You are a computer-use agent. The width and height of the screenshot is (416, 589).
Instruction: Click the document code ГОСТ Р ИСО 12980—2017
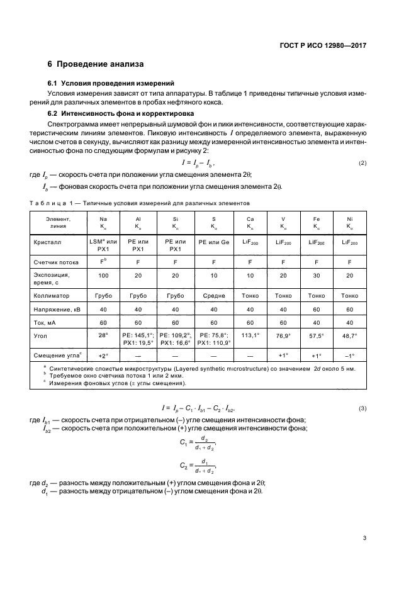point(323,46)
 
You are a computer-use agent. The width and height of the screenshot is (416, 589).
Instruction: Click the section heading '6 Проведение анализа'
point(96,64)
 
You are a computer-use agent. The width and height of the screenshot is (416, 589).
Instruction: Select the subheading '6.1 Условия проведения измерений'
point(111,84)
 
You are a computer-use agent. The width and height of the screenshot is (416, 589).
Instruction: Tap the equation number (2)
point(363,164)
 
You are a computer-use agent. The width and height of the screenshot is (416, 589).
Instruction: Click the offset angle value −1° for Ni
point(349,355)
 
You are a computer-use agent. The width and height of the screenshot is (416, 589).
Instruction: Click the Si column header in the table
point(174,222)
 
